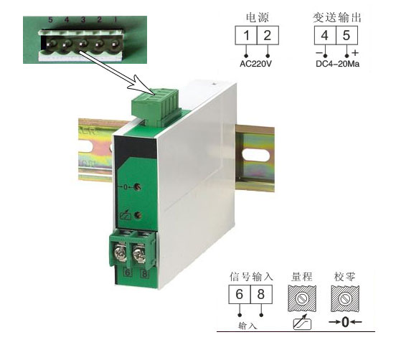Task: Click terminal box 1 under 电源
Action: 247,37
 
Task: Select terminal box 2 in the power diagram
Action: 267,37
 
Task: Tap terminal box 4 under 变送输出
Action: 324,37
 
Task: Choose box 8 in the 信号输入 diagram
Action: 262,295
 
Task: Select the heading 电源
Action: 257,15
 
